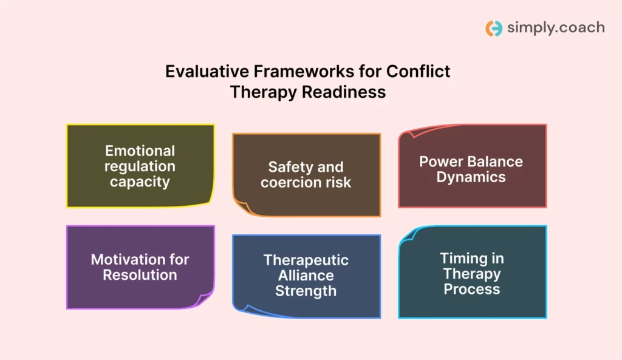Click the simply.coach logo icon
coord(494,28)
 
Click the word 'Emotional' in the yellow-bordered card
coord(140,151)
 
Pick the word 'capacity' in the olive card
coord(140,182)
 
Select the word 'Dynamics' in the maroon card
coord(471,178)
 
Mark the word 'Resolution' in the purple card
coord(140,275)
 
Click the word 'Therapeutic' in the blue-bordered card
coord(306,260)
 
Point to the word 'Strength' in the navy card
coord(306,291)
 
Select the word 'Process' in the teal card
coord(471,289)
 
